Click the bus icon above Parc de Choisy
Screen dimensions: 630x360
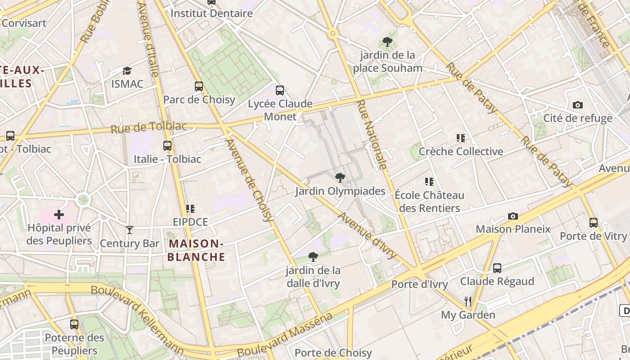click(199, 86)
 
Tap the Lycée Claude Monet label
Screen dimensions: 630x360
click(280, 110)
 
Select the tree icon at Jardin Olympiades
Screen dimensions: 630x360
click(340, 178)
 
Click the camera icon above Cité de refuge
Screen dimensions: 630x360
click(578, 105)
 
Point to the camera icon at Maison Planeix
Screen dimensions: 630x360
click(513, 216)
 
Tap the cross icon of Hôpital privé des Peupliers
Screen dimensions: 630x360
click(59, 215)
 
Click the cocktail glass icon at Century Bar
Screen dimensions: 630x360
click(130, 230)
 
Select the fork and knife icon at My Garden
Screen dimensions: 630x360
click(468, 301)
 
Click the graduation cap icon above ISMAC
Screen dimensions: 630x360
click(127, 71)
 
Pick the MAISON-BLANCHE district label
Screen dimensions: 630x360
click(197, 250)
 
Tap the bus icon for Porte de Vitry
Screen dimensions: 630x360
click(594, 222)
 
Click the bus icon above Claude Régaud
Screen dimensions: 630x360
click(497, 268)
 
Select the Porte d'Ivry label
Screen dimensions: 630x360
click(419, 284)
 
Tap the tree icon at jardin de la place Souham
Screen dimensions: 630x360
click(387, 42)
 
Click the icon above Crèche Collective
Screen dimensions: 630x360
click(460, 138)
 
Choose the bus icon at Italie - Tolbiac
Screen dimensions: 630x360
click(167, 145)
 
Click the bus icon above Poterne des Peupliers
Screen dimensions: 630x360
click(74, 324)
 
